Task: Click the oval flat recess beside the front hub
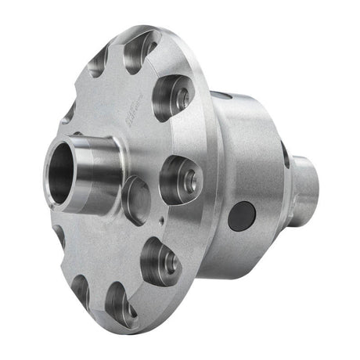click(135, 200)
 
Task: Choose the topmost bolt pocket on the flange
click(141, 49)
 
